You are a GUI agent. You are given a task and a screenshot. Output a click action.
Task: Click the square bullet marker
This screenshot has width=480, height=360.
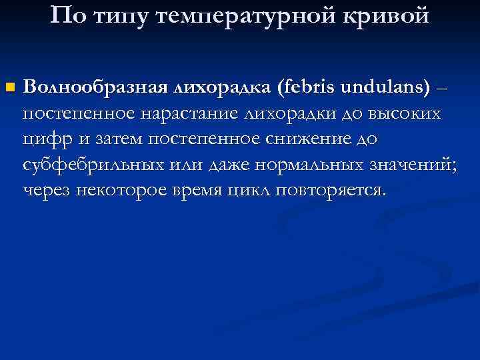click(x=9, y=87)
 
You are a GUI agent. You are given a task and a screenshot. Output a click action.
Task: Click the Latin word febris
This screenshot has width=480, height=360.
click(x=310, y=87)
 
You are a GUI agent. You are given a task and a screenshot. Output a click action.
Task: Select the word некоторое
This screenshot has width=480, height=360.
click(x=127, y=191)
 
